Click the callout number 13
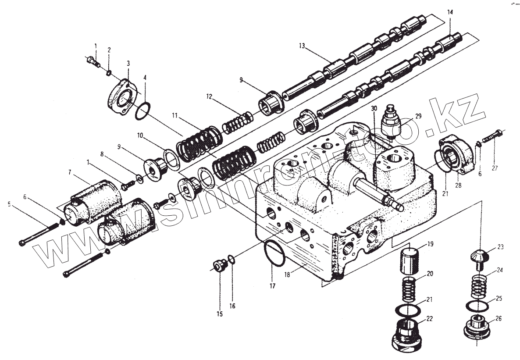pyautogui.click(x=302, y=46)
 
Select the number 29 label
pyautogui.click(x=418, y=116)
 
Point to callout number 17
pyautogui.click(x=272, y=286)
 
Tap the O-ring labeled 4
pyautogui.click(x=143, y=111)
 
